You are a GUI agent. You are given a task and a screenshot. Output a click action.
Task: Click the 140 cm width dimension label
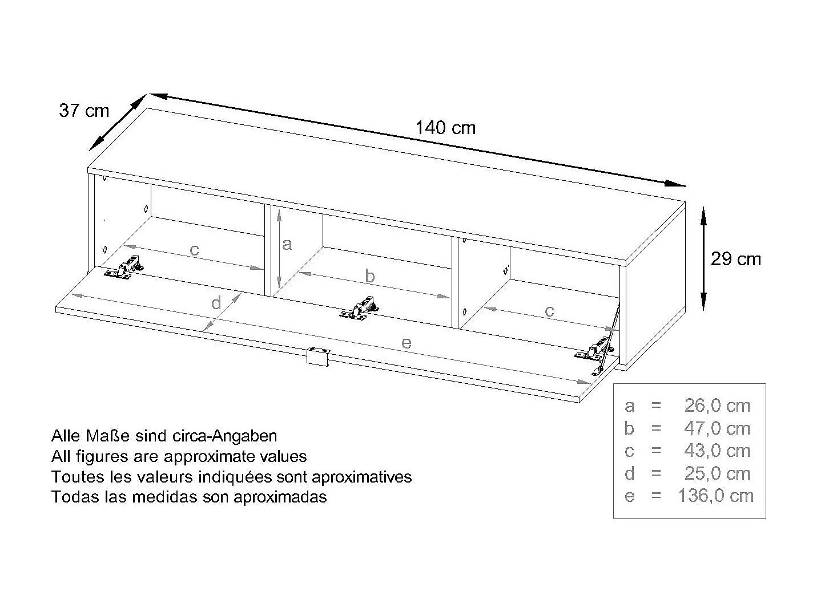coord(445,128)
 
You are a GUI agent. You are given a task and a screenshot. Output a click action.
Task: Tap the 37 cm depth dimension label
coord(84,110)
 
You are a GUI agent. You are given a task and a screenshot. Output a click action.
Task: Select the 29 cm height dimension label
coord(735,259)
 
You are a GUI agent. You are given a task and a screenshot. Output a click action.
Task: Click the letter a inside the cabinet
coord(287,245)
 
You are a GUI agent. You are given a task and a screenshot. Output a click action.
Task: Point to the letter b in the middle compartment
coord(370,277)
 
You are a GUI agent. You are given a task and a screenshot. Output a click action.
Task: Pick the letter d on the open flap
coord(216,303)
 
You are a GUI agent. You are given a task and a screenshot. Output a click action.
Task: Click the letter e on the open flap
coord(406,343)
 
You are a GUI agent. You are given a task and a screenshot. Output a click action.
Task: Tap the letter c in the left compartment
coord(194,250)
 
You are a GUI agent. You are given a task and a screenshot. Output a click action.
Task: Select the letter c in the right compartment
coord(549,311)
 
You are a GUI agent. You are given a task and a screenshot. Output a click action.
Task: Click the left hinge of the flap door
coord(125,269)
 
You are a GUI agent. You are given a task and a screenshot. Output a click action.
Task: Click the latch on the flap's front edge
coord(318,356)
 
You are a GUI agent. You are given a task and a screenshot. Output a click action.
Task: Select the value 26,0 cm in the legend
coord(717,406)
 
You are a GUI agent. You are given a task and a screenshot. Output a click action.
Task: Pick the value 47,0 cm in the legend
coord(717,428)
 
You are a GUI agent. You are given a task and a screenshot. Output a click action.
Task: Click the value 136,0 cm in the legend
coord(715,496)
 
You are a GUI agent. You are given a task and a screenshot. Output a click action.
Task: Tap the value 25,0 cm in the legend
coord(717,473)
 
